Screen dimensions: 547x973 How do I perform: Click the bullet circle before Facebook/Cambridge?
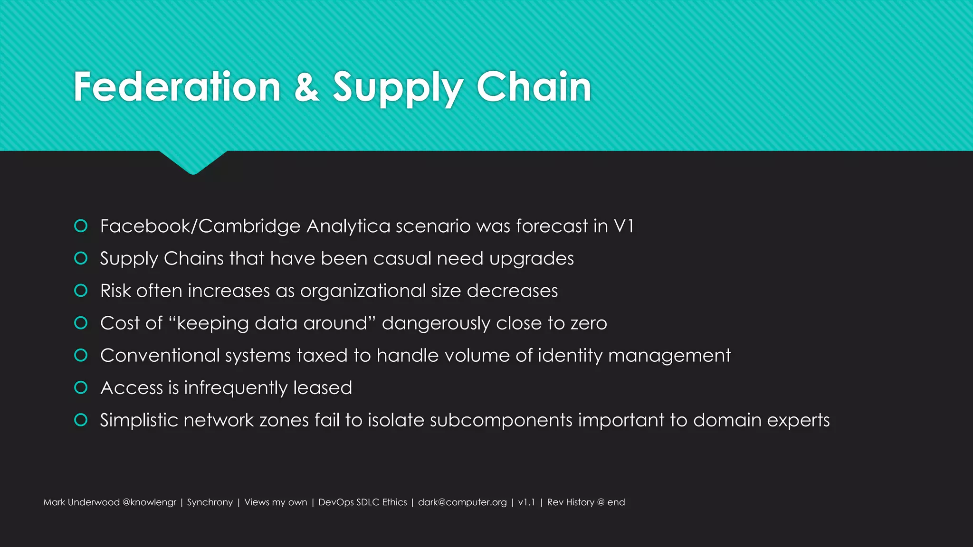[81, 226]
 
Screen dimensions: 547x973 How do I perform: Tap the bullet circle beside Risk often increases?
[81, 291]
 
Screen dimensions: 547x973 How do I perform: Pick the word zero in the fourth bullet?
[589, 323]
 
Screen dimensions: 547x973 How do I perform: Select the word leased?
[323, 388]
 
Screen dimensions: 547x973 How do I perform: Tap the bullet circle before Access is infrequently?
[81, 388]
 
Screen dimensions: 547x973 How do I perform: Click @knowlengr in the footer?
[149, 502]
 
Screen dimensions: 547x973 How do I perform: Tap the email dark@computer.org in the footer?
[462, 502]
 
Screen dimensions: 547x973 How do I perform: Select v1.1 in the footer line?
[526, 502]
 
